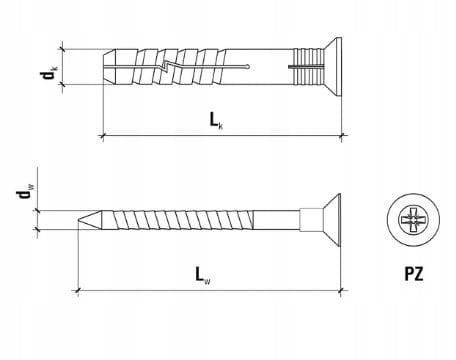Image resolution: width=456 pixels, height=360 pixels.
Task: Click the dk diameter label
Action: (x=49, y=73)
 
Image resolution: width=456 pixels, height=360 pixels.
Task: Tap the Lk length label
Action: (x=216, y=120)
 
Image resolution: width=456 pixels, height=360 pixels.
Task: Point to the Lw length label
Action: (x=203, y=276)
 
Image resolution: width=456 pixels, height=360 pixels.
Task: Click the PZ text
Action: (x=414, y=274)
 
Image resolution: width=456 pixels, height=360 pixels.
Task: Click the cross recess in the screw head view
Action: (x=413, y=220)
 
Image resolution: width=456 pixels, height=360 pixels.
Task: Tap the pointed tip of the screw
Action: (x=79, y=220)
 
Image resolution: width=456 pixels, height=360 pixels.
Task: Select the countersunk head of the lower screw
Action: (x=332, y=220)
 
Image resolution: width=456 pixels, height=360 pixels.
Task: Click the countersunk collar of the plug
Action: (x=333, y=67)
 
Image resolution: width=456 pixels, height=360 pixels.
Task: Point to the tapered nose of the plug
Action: (x=110, y=67)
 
